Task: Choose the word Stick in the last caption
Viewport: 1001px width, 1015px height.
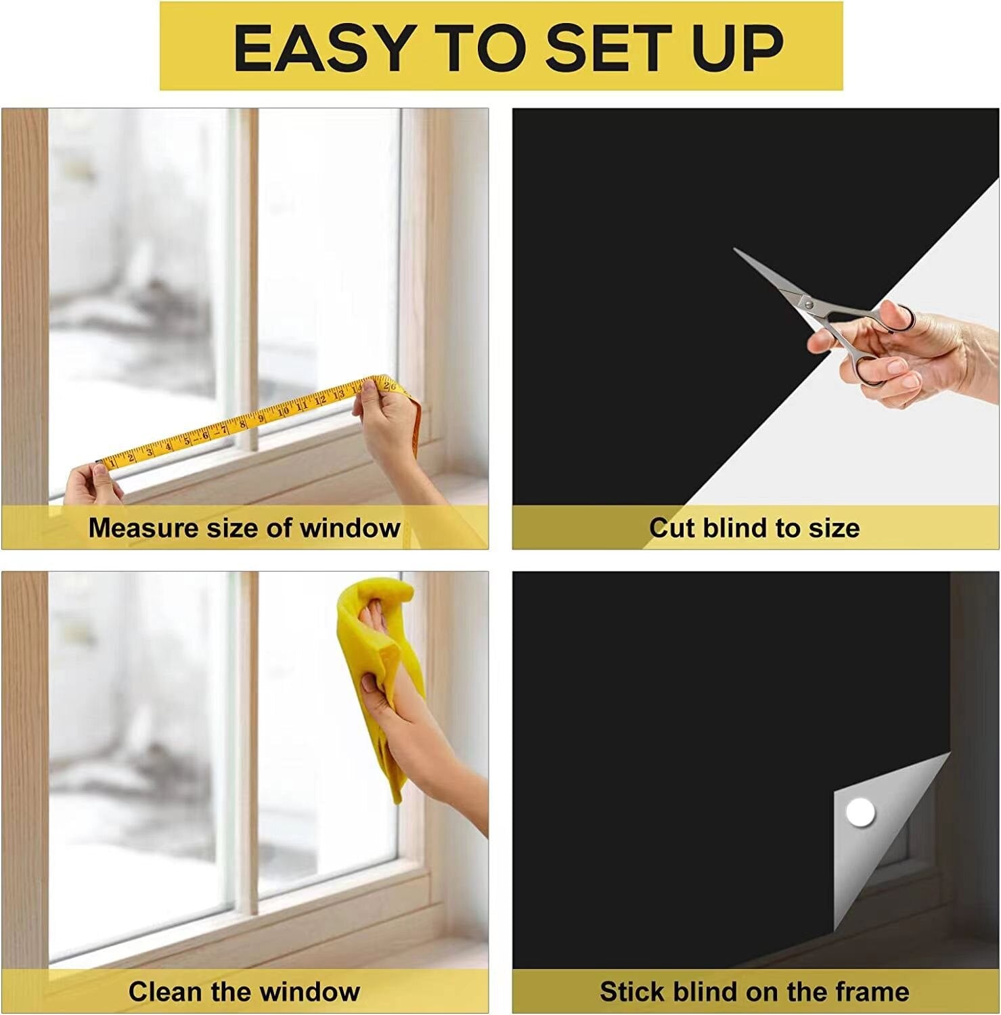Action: (x=629, y=992)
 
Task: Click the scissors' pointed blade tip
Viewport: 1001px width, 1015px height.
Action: (x=736, y=250)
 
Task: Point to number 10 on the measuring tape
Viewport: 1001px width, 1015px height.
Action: (x=283, y=411)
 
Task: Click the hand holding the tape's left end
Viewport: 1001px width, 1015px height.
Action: (x=95, y=484)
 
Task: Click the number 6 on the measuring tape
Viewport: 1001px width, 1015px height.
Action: (x=206, y=435)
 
